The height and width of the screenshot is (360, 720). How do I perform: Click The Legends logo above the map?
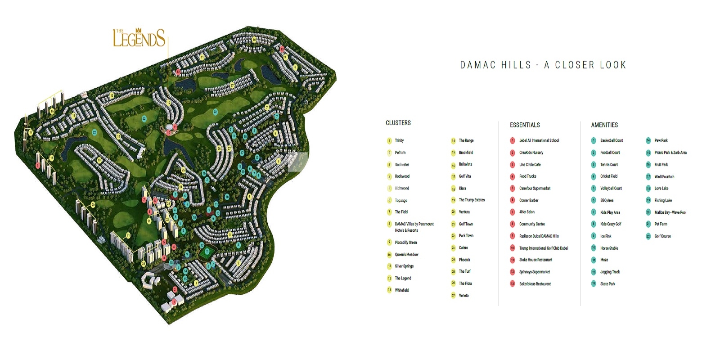139,38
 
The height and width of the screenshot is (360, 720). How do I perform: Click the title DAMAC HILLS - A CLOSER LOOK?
543,65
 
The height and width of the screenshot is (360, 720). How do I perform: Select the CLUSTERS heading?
398,123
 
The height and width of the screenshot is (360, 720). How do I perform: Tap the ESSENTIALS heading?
524,125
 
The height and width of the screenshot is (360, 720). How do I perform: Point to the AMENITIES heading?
604,125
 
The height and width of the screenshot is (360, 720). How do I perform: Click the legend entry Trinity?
399,140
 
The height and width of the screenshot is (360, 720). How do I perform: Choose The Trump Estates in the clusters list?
472,200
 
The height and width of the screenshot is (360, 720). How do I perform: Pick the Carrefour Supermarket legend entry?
535,189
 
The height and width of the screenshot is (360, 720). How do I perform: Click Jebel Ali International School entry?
539,140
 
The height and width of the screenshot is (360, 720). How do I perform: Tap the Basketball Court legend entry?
611,140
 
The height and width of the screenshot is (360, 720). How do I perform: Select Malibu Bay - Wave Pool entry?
670,212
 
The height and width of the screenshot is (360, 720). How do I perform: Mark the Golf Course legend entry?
662,236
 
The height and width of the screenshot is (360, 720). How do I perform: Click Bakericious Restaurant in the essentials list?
535,284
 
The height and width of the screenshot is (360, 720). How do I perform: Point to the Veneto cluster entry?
463,296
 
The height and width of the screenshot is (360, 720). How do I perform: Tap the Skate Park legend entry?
607,284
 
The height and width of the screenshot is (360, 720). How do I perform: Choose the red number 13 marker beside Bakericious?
512,284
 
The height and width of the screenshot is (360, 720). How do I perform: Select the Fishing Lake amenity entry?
663,200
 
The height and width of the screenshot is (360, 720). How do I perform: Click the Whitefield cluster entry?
402,290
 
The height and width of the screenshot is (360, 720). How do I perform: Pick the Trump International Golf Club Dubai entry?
543,248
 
